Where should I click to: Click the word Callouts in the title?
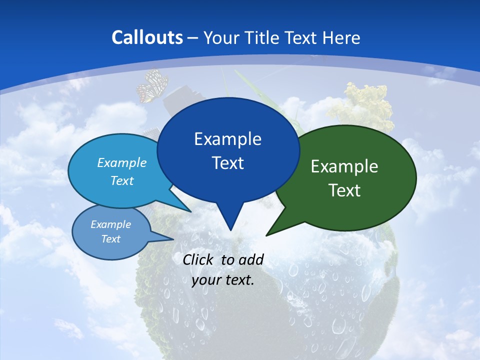coord(147,37)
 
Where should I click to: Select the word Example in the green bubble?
coord(344,166)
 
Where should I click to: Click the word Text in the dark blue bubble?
coord(228,163)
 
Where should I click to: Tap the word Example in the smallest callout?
coord(110,224)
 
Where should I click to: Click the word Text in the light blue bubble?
coord(122,180)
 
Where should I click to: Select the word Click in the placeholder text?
coord(199,259)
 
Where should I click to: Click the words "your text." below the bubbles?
coord(223,280)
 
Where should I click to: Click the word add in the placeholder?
coord(251,259)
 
